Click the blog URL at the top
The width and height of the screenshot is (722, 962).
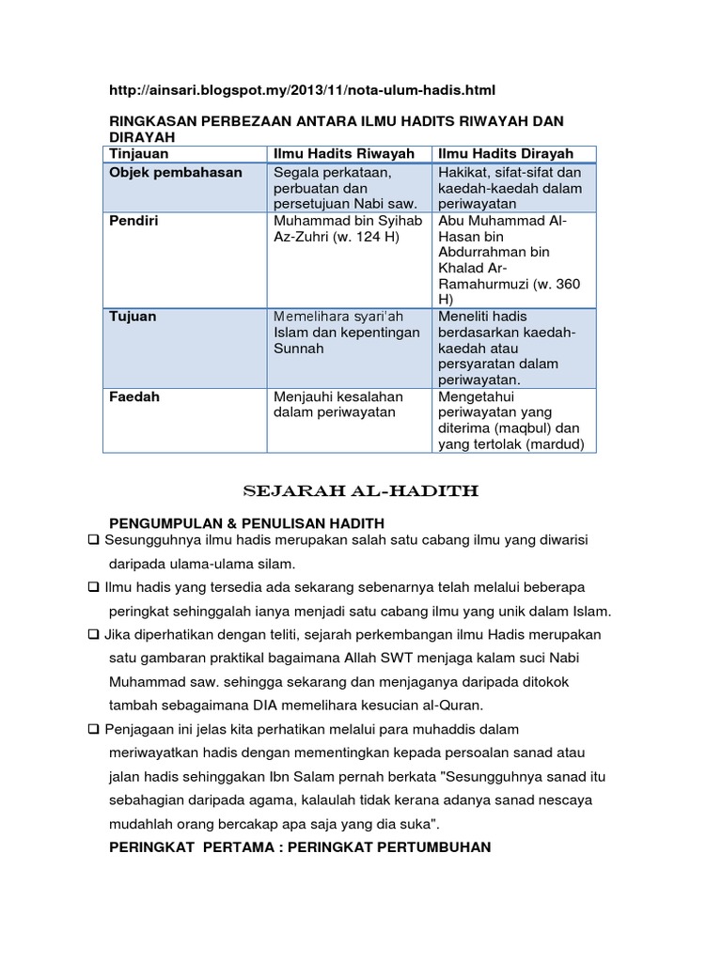click(302, 89)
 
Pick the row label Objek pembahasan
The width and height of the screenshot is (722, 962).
click(175, 173)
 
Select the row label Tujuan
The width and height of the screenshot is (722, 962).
click(133, 317)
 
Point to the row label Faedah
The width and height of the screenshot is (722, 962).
click(134, 396)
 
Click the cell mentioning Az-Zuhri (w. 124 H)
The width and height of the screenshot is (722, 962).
click(336, 228)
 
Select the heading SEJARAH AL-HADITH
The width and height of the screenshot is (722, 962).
click(361, 491)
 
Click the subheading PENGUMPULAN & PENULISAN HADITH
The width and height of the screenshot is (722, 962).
click(247, 522)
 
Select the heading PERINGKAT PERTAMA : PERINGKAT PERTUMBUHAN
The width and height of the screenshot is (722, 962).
click(300, 847)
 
